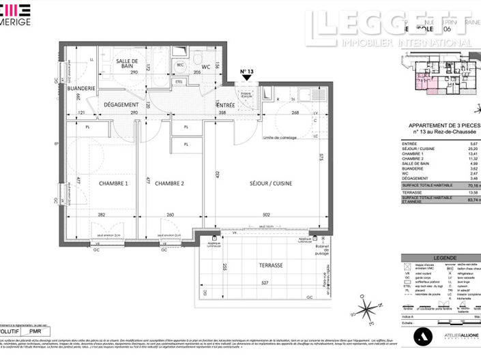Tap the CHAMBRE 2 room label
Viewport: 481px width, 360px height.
170,183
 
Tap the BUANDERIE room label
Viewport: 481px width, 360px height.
81,87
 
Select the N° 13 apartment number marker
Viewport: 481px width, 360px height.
246,72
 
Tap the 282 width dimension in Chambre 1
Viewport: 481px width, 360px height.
101,214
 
